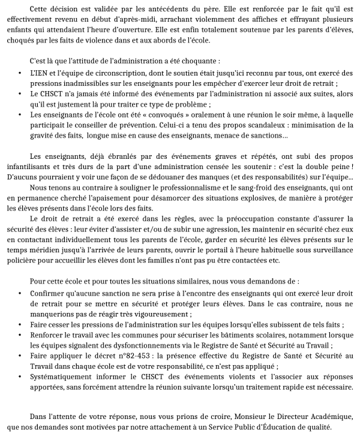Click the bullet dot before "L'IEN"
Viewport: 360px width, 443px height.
pos(21,73)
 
